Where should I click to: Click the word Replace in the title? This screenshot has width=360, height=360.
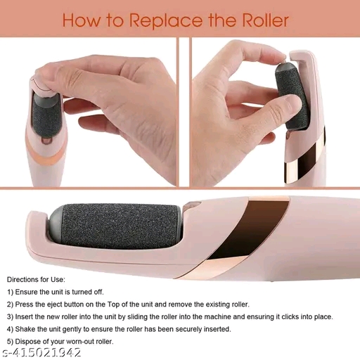pyautogui.click(x=166, y=21)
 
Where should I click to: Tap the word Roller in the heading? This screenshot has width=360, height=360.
pyautogui.click(x=265, y=20)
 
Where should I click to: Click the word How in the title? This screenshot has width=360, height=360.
pyautogui.click(x=81, y=20)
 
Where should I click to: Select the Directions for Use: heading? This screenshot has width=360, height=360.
pyautogui.click(x=36, y=279)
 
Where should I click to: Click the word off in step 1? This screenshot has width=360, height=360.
pyautogui.click(x=98, y=292)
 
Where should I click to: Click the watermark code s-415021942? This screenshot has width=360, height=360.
pyautogui.click(x=41, y=352)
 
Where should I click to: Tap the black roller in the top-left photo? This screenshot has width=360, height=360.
pyautogui.click(x=46, y=117)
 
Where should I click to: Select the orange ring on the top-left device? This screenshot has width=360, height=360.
pyautogui.click(x=46, y=153)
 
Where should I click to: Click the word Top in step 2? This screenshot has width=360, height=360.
pyautogui.click(x=113, y=304)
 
